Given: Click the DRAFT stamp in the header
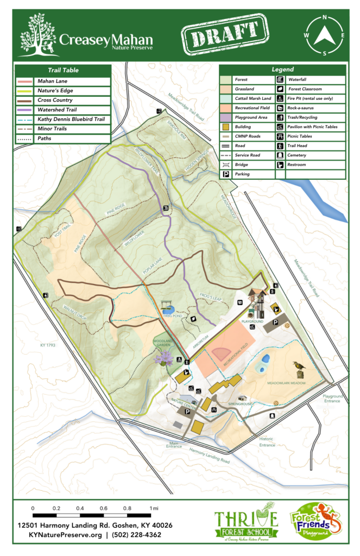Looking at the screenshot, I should point(225,36).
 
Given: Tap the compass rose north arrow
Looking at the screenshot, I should point(325,36).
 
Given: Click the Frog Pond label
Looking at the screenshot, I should point(168,315).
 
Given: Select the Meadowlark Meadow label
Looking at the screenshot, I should point(286,383).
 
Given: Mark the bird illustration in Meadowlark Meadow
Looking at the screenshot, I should point(299,368).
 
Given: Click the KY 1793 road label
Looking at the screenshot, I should point(49,345).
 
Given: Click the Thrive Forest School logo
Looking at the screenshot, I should point(246,525).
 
